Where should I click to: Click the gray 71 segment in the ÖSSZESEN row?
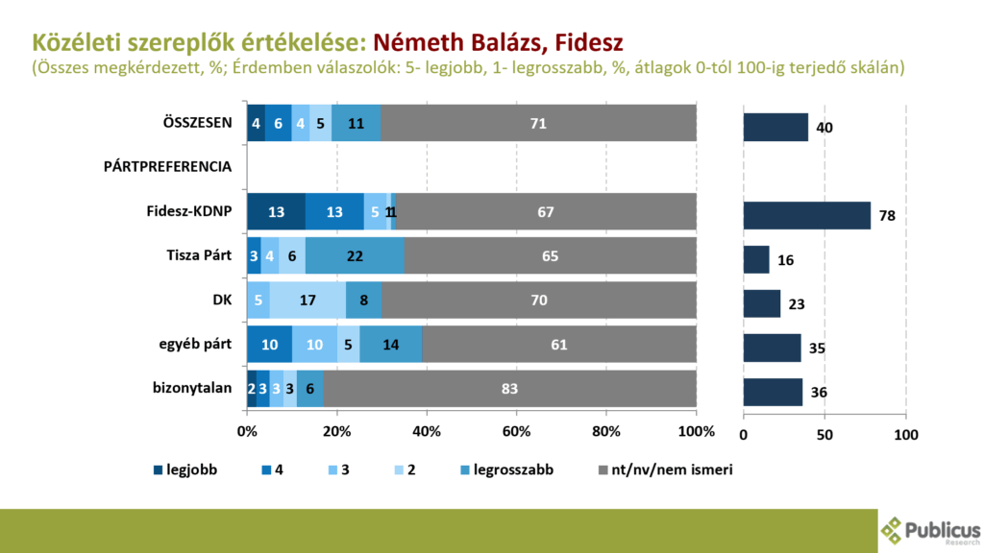[x=538, y=124]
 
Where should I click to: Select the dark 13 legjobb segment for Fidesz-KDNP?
[x=276, y=211]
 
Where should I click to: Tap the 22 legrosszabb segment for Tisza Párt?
[x=355, y=256]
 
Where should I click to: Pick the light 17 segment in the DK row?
[x=307, y=301]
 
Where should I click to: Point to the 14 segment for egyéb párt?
[x=391, y=344]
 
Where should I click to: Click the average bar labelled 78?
[x=806, y=215]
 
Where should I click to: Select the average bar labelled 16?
[x=756, y=259]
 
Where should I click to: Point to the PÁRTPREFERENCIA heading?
[x=167, y=166]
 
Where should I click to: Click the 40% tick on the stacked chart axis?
[x=427, y=431]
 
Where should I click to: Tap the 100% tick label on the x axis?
[x=695, y=431]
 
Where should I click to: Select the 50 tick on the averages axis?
[x=824, y=435]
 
